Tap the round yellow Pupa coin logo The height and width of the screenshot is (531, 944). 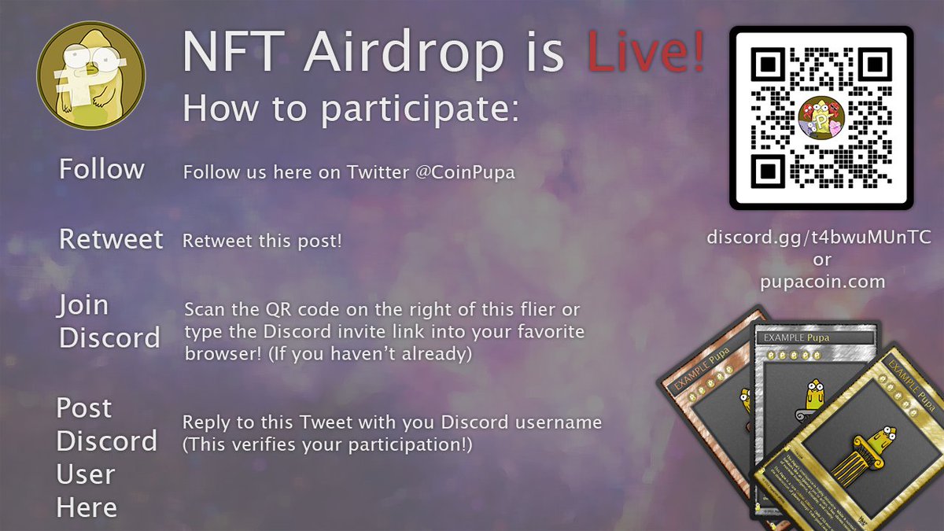pos(91,76)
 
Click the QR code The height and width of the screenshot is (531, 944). pos(820,119)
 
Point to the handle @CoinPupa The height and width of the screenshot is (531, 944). pos(461,172)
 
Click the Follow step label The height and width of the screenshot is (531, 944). pos(101,169)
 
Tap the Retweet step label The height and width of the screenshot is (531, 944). pos(111,239)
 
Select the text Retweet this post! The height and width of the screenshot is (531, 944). pos(263,241)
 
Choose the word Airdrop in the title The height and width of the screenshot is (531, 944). pos(406,53)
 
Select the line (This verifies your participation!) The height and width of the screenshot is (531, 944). pos(327,445)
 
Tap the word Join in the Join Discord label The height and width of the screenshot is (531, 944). pos(83,305)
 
